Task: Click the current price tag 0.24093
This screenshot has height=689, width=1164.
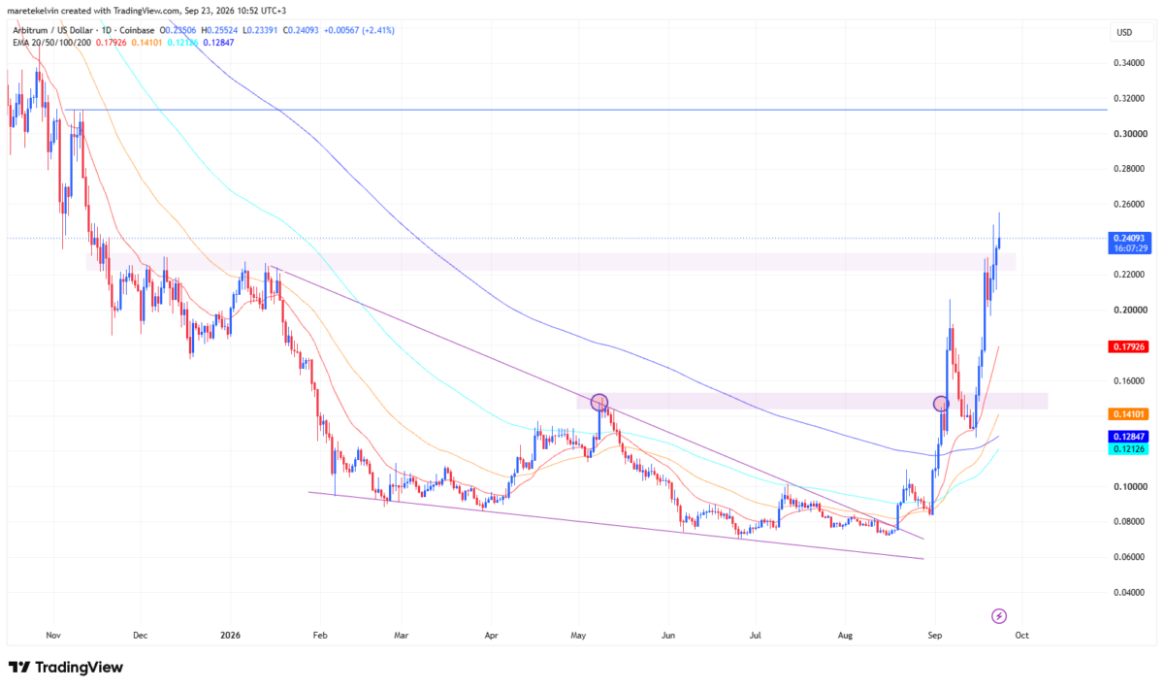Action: [x=1130, y=239]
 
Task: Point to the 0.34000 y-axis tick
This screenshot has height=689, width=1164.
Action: [x=1129, y=63]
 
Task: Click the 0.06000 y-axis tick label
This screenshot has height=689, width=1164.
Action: [x=1129, y=557]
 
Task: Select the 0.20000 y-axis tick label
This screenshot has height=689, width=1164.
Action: [x=1129, y=310]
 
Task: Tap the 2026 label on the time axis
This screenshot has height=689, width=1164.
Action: [x=230, y=635]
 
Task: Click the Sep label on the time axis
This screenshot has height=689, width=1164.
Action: [x=935, y=635]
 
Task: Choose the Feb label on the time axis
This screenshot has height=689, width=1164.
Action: [x=320, y=635]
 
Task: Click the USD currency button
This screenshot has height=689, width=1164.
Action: [x=1124, y=32]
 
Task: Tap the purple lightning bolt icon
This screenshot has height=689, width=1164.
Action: [x=999, y=616]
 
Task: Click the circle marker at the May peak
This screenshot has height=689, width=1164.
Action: [x=599, y=402]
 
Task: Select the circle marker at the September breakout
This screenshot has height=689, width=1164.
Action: [x=941, y=404]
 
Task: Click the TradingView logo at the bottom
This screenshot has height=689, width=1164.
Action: [x=66, y=667]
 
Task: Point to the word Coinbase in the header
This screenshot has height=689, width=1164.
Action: [x=137, y=30]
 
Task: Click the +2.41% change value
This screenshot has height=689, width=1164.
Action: [x=377, y=30]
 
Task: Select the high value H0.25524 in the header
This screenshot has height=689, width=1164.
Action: [x=219, y=30]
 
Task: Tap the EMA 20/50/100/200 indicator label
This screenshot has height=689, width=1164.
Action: [x=52, y=42]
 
